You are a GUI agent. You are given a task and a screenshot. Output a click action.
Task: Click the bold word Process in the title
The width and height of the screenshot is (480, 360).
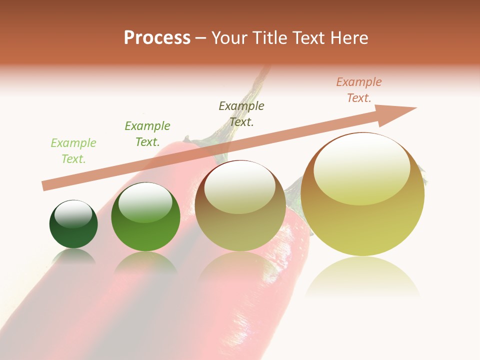pos(157,37)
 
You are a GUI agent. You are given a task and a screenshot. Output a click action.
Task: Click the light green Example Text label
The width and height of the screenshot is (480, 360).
pos(73,151)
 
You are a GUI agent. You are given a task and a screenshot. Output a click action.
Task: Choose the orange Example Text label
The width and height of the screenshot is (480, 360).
pos(358,90)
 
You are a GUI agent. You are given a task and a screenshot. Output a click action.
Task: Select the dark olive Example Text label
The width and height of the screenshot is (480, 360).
pos(241,113)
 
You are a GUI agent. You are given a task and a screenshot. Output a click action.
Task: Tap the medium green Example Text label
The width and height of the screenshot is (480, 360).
pos(147,134)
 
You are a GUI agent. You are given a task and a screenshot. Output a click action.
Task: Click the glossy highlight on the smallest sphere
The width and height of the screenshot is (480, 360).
pos(73,214)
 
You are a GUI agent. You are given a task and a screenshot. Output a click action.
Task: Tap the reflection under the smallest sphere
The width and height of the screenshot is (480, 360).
pos(73,256)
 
